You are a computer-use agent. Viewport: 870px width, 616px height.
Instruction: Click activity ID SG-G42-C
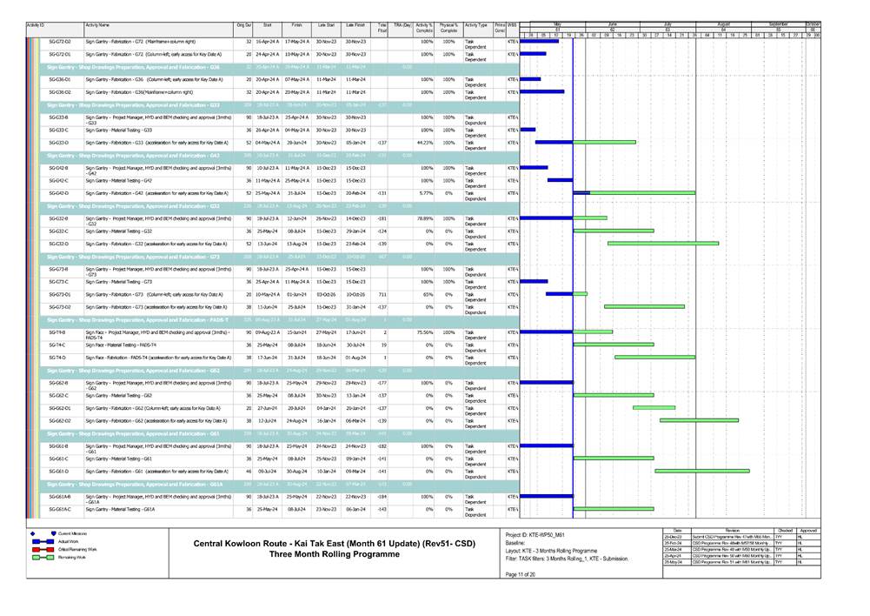coord(60,180)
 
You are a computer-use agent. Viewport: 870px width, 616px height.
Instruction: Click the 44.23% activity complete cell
coord(423,142)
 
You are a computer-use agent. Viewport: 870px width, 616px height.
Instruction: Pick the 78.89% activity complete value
coord(423,218)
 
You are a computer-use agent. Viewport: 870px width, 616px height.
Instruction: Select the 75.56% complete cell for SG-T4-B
coord(423,331)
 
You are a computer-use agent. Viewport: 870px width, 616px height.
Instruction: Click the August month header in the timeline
coord(723,25)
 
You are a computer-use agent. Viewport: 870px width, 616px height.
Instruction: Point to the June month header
coord(612,25)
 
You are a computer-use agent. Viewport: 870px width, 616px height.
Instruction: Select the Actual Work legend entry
coord(69,541)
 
